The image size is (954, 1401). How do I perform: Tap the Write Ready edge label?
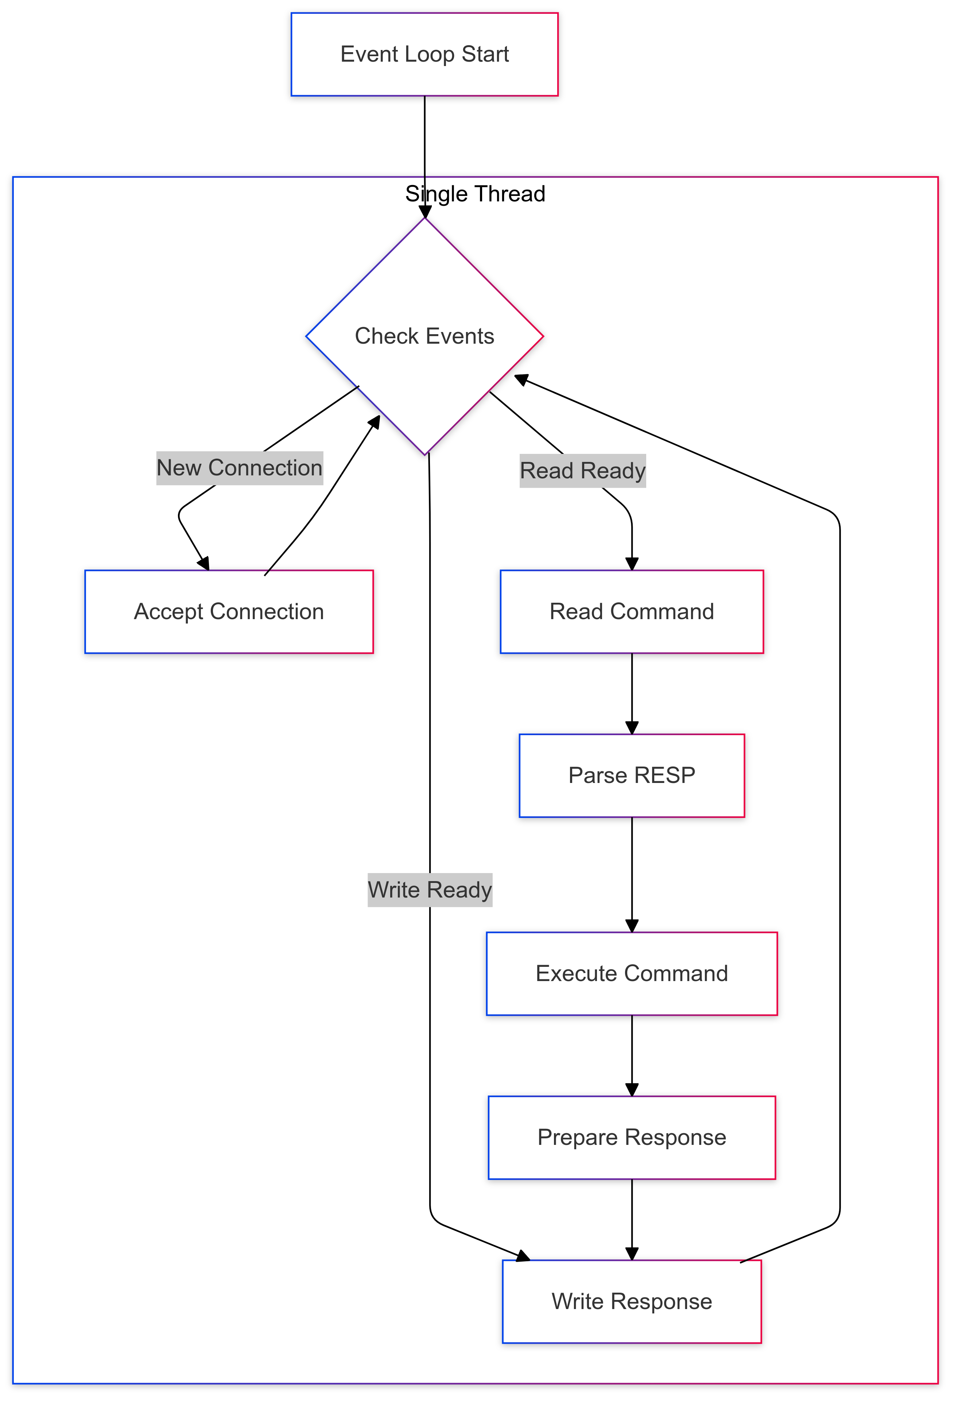430,890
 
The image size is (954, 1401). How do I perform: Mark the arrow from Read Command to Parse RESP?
632,693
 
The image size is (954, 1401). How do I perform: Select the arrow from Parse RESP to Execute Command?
632,874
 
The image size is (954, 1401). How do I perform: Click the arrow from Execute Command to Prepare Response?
632,1055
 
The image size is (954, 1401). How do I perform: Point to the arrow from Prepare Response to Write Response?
632,1219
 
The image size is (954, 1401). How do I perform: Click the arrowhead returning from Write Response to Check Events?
521,379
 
